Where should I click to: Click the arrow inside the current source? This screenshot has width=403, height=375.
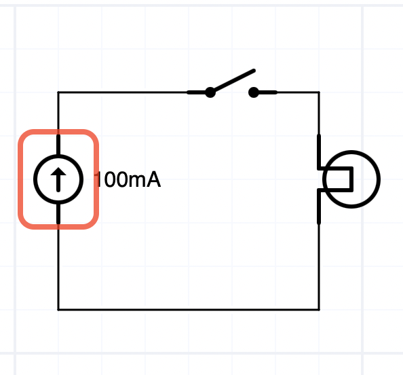tap(58, 179)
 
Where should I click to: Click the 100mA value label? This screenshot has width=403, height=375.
tap(128, 179)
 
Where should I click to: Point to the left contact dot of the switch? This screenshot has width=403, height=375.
tap(210, 92)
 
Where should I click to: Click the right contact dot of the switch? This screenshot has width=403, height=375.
tap(254, 92)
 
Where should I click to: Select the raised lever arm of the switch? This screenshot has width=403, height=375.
tap(233, 81)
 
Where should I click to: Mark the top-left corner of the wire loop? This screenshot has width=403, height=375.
tap(58, 92)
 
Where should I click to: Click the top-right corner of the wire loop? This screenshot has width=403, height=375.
tap(320, 92)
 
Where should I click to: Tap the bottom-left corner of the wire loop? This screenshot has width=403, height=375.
tap(58, 310)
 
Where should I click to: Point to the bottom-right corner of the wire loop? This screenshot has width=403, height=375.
tap(320, 310)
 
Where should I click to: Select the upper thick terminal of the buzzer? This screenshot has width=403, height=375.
tap(319, 152)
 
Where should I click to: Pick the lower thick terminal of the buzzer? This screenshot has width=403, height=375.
tap(319, 207)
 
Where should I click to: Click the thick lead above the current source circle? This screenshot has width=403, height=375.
tap(58, 145)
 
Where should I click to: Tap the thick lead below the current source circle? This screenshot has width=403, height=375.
tap(58, 214)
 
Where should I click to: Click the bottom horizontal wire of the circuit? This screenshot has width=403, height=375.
tap(189, 310)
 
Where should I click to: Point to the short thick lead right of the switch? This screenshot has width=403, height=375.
tap(265, 92)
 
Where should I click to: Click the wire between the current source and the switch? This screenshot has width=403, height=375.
tap(122, 92)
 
